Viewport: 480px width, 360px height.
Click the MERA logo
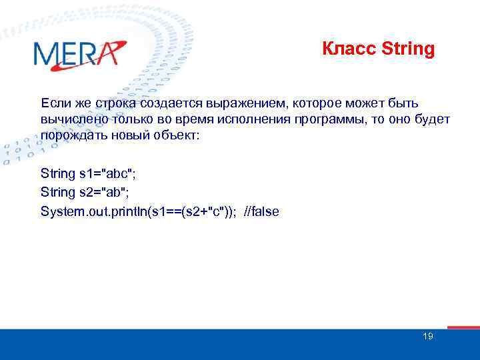[79, 54]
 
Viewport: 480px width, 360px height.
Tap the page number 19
[428, 336]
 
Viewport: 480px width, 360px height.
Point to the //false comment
[263, 211]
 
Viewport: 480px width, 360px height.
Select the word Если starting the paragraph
[53, 103]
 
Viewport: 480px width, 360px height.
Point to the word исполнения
[254, 119]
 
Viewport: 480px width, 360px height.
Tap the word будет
[433, 119]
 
